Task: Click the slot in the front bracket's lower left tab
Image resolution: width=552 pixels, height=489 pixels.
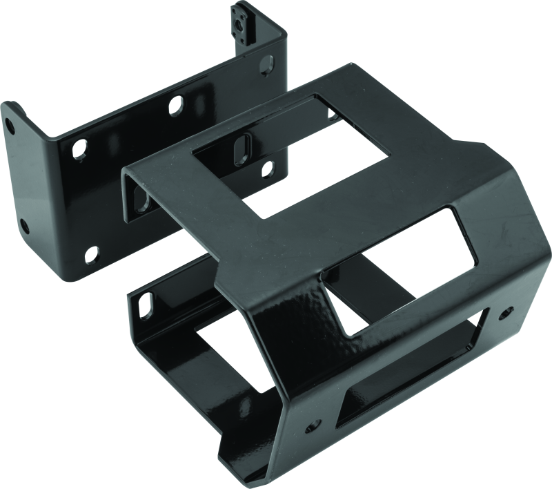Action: pos(147,300)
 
